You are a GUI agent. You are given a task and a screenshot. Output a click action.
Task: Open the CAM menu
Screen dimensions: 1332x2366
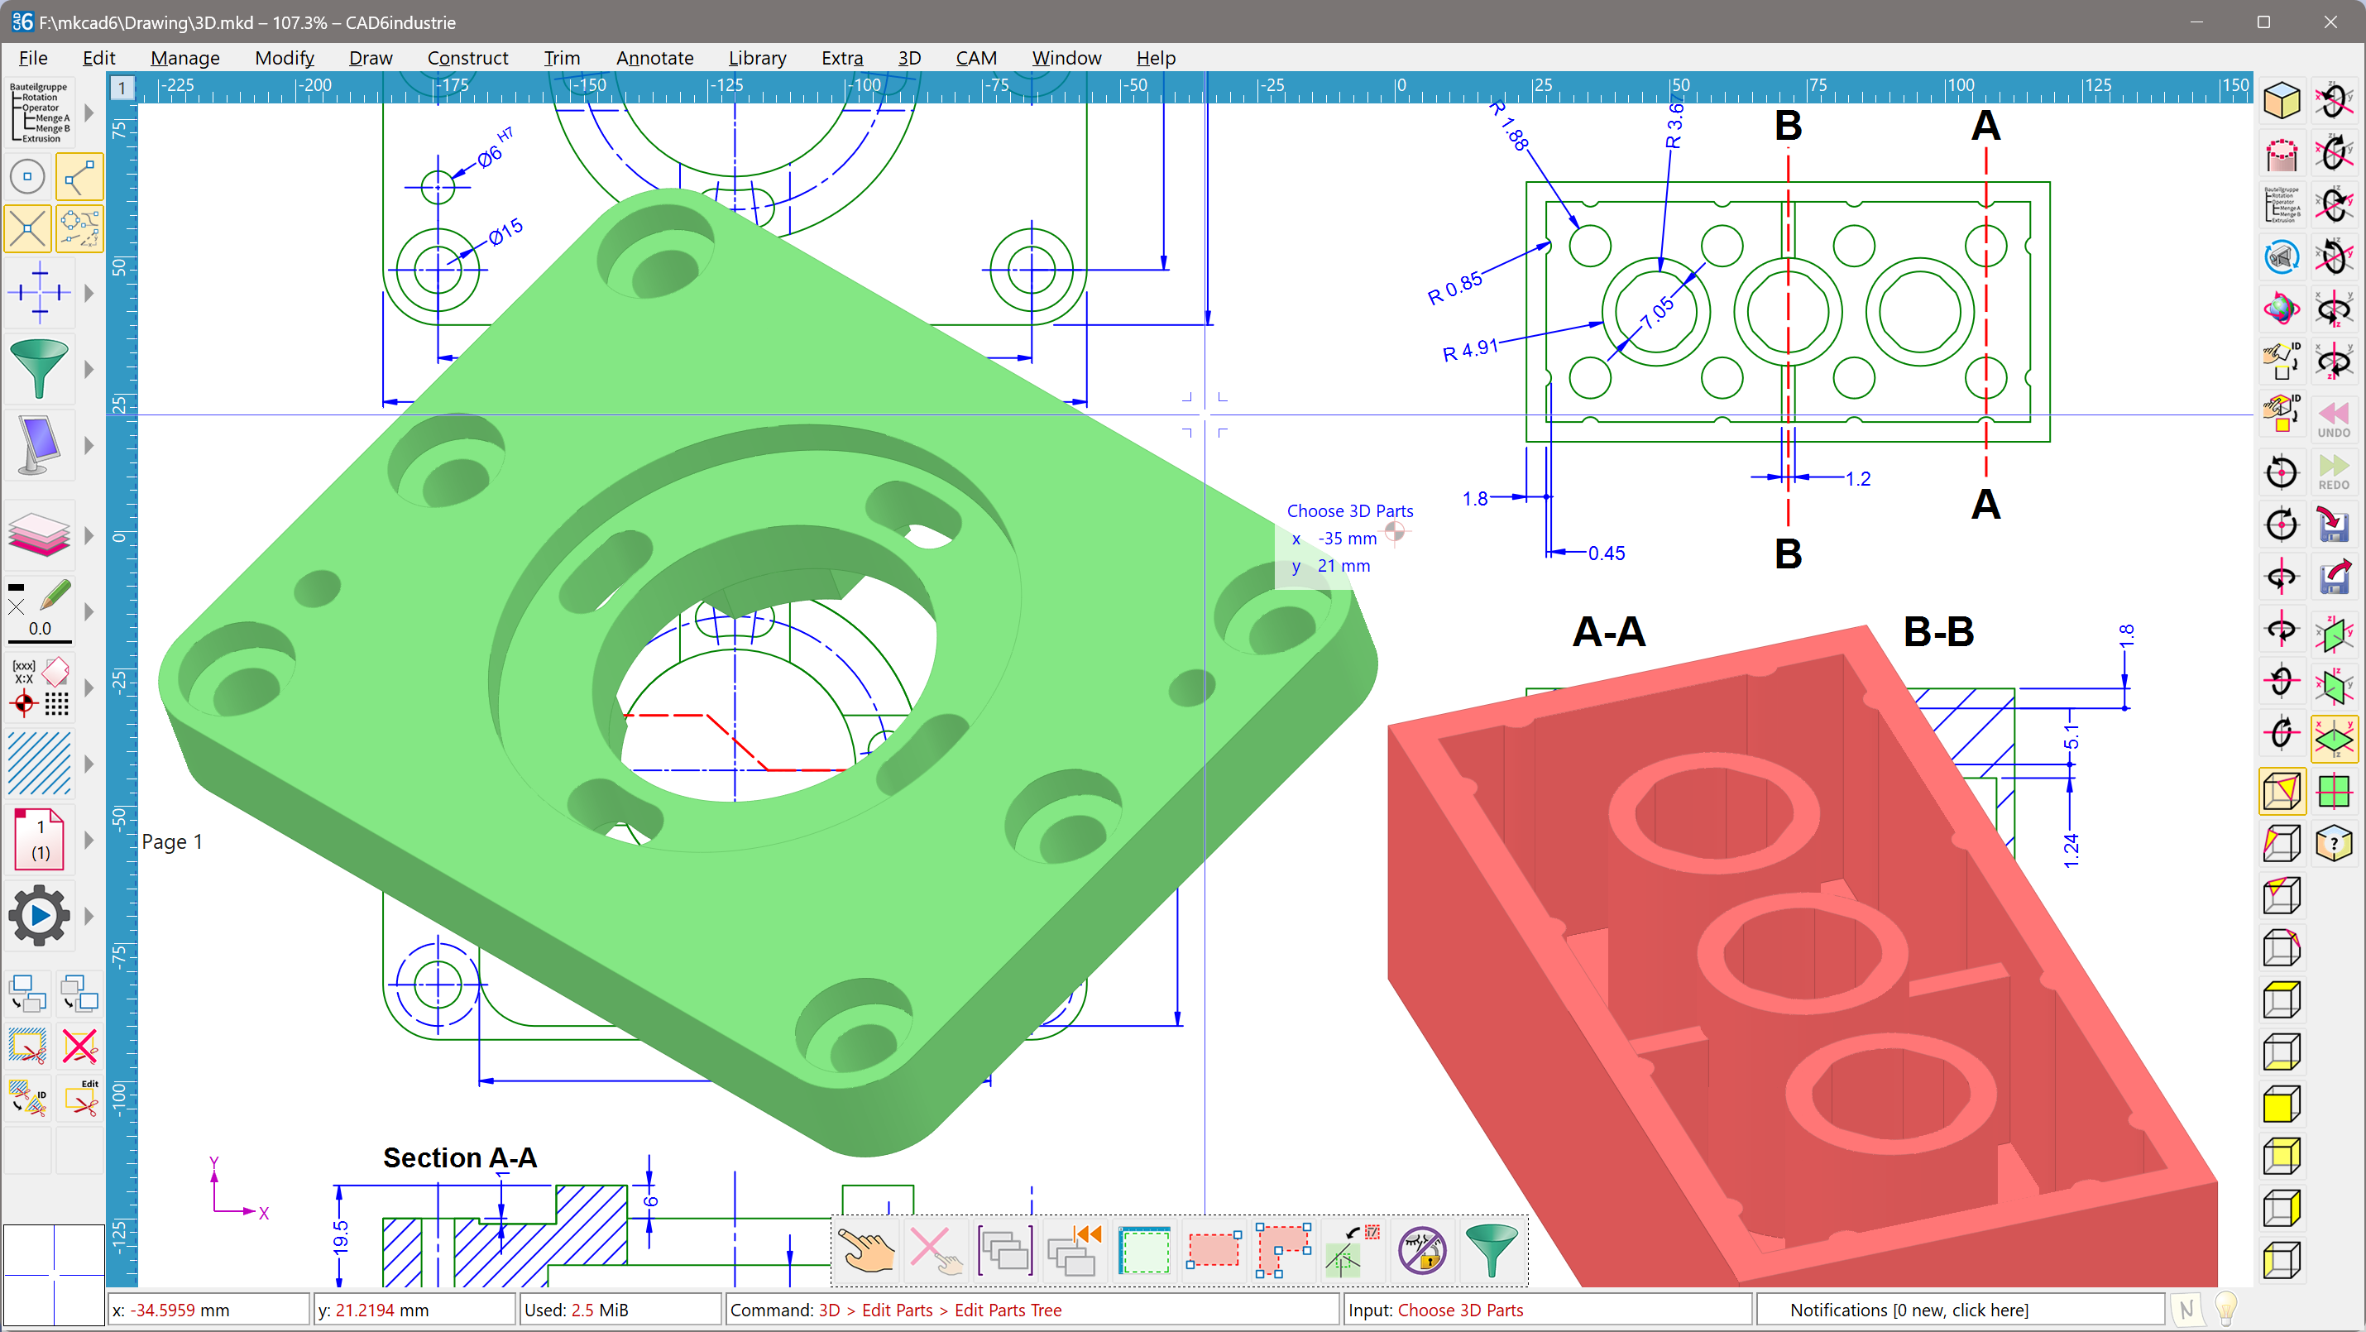tap(975, 58)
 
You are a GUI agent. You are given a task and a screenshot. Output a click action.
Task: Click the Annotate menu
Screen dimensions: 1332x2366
tap(654, 58)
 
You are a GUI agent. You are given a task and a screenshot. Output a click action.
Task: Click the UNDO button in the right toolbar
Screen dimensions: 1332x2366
tap(2333, 419)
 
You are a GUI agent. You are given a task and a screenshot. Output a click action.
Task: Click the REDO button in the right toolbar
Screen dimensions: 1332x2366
tap(2333, 472)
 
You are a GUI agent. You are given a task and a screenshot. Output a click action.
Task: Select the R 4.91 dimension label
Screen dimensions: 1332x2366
tap(1469, 351)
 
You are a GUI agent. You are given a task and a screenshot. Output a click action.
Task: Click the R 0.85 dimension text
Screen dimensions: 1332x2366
tap(1454, 289)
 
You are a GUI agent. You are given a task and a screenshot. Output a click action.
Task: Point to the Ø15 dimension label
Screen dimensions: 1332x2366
tap(505, 232)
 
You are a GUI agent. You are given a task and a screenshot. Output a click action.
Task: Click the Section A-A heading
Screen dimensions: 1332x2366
tap(459, 1157)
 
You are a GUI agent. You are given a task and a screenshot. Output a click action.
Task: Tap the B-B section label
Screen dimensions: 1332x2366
tap(1938, 632)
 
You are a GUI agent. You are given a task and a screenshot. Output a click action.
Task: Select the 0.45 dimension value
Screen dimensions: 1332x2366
tap(1606, 553)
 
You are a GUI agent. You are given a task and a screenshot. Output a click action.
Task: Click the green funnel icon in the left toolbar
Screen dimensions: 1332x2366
tap(39, 368)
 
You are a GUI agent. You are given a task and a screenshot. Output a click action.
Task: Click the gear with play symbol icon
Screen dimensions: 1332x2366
tap(39, 915)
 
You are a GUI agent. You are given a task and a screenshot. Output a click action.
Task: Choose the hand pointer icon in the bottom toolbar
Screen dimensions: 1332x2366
tap(866, 1250)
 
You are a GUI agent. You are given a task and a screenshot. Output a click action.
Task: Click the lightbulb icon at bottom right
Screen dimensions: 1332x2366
tap(2225, 1308)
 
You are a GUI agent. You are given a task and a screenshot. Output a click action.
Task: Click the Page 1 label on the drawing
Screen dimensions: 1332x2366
tap(172, 841)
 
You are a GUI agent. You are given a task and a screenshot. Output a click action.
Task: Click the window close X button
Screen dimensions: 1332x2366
tap(2330, 22)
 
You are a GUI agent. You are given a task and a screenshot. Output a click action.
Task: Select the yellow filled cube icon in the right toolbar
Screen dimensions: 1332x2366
tap(2282, 1104)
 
